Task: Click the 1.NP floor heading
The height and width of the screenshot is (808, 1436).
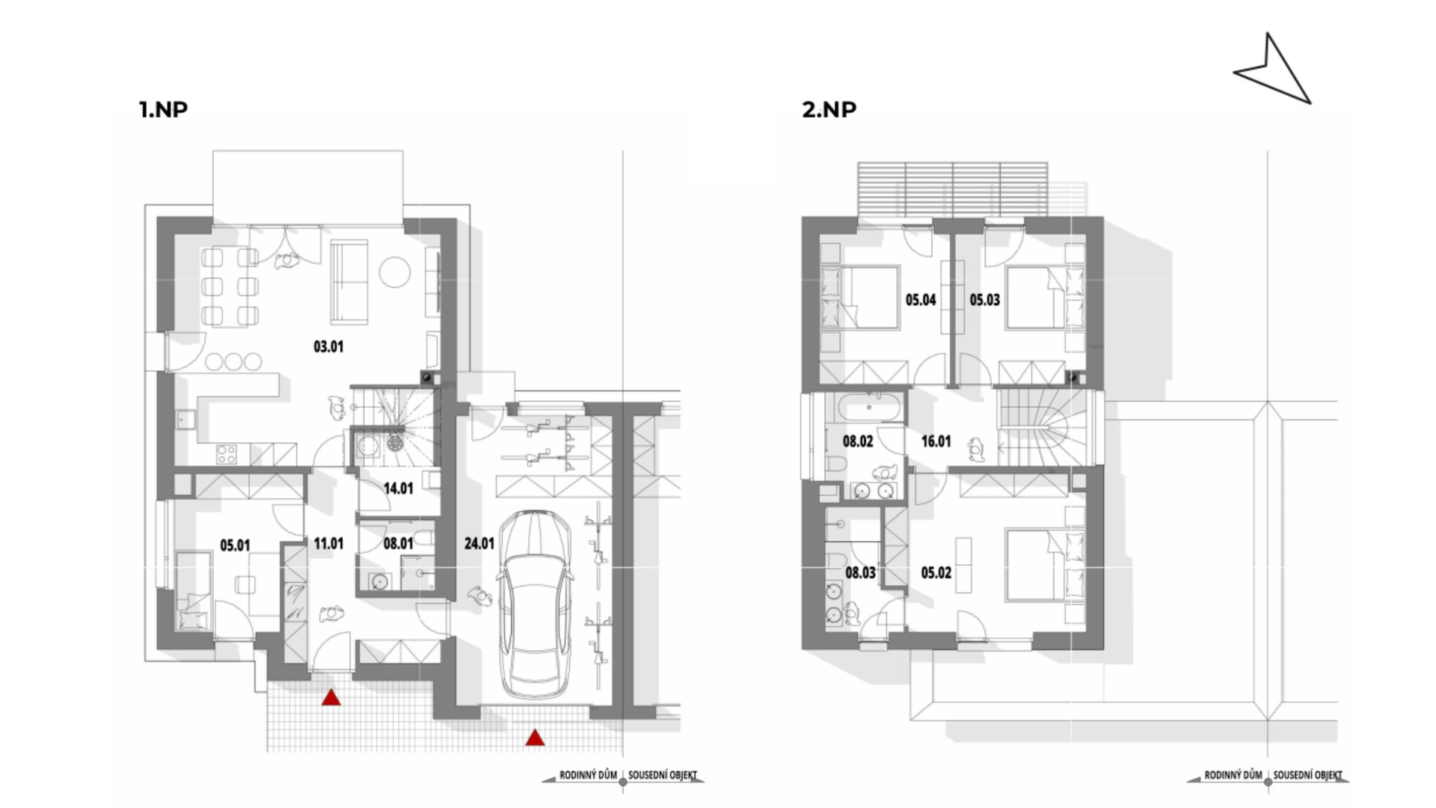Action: point(163,109)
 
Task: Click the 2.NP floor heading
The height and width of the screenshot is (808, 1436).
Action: point(829,109)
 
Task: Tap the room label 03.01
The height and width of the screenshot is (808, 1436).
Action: point(328,346)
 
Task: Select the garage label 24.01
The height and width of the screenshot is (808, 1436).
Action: point(479,543)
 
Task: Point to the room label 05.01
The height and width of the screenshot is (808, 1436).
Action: point(235,545)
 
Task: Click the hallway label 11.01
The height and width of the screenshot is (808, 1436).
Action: point(328,543)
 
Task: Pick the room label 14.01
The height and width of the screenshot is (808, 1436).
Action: point(398,489)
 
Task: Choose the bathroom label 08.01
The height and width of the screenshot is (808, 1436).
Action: point(398,543)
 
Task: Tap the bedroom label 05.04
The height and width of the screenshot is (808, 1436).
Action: point(921,300)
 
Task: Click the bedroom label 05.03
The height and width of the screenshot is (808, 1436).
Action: point(984,300)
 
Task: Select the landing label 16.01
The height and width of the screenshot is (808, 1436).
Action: point(936,441)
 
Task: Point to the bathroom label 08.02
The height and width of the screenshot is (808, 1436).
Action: point(858,441)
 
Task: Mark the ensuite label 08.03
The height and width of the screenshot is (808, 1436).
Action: point(860,573)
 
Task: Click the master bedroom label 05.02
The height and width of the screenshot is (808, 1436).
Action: point(936,573)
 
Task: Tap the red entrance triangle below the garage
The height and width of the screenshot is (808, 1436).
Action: point(535,738)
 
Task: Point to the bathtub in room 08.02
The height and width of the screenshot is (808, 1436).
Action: point(868,408)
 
